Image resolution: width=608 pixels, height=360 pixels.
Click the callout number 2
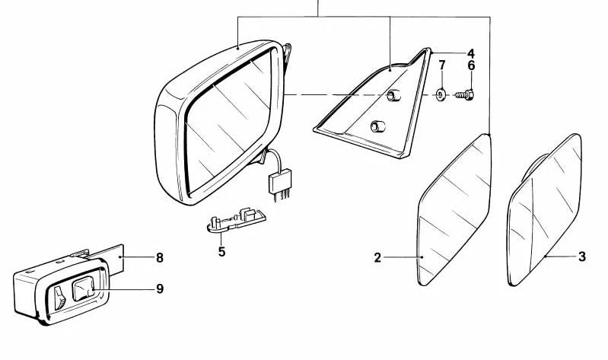point(377,258)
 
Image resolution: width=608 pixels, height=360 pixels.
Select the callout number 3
point(582,257)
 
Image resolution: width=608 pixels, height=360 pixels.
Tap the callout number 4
point(471,53)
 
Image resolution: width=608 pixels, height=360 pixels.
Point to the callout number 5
point(221,251)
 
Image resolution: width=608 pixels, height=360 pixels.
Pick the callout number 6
point(471,66)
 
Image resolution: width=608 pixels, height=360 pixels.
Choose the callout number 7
point(441,66)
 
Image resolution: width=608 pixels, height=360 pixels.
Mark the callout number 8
point(160,258)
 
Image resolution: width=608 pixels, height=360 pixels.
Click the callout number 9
point(160,289)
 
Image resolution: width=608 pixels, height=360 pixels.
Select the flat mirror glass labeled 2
point(455,209)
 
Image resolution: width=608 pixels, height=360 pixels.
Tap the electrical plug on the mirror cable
point(277,183)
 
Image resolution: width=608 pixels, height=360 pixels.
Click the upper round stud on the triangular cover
point(394,95)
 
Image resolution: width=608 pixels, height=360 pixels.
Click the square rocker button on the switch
point(83,289)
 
